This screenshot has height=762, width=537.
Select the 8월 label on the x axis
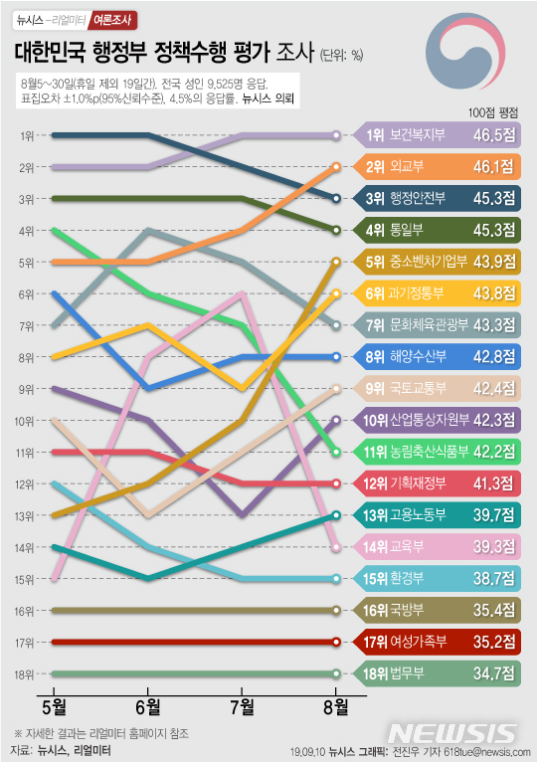(336, 707)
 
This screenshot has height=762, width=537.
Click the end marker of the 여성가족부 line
(337, 642)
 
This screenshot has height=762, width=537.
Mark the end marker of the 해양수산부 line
(337, 356)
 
